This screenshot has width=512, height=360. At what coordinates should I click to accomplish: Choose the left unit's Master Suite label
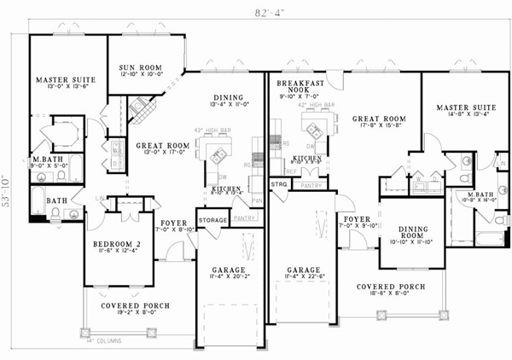[65, 79]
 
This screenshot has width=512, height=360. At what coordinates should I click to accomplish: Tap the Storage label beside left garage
[212, 220]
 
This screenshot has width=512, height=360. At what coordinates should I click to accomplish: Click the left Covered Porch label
[135, 305]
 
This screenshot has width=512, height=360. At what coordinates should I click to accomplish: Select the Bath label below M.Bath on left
[56, 200]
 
